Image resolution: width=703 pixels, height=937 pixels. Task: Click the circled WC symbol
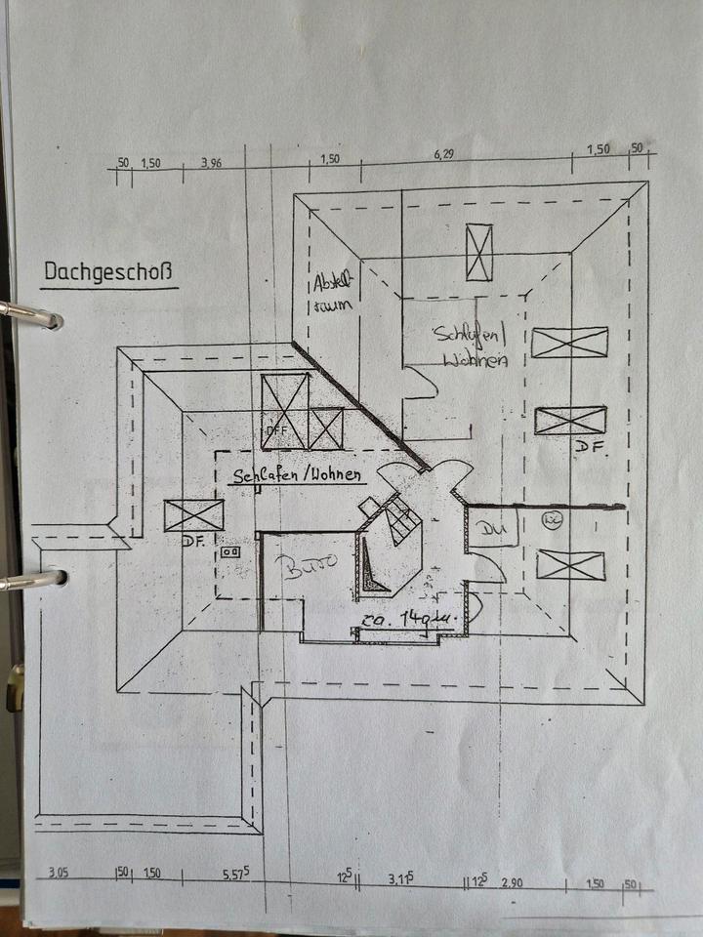coord(550,519)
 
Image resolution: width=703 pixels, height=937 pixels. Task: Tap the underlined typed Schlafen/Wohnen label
coord(298,476)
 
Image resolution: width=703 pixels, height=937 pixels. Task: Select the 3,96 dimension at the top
coord(211,163)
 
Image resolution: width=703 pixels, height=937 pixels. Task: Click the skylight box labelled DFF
coord(285,411)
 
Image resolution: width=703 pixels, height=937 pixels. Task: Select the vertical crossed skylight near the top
coord(478,252)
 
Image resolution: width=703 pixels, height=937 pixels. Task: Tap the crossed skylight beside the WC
coord(571,565)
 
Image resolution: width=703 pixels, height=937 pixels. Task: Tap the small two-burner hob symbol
coord(232,551)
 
